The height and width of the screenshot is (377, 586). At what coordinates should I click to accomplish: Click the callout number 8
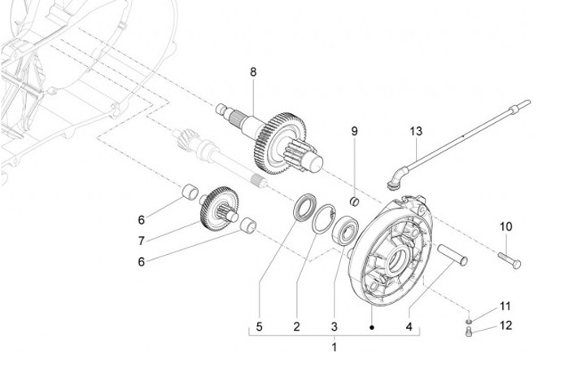(x=253, y=72)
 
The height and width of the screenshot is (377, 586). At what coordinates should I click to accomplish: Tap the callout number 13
(x=416, y=131)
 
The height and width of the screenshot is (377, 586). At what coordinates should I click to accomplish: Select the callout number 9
(x=354, y=131)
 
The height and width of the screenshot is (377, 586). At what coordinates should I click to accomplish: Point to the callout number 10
(x=506, y=226)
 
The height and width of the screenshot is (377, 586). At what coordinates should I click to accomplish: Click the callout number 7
(x=142, y=241)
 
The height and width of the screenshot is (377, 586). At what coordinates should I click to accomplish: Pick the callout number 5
(x=259, y=327)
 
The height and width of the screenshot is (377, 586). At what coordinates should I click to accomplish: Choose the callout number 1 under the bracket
(x=335, y=347)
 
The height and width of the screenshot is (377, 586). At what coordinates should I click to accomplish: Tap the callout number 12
(x=505, y=326)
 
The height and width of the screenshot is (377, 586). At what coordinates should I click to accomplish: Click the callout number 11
(x=505, y=306)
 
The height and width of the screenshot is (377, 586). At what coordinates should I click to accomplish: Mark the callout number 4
(x=409, y=327)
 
